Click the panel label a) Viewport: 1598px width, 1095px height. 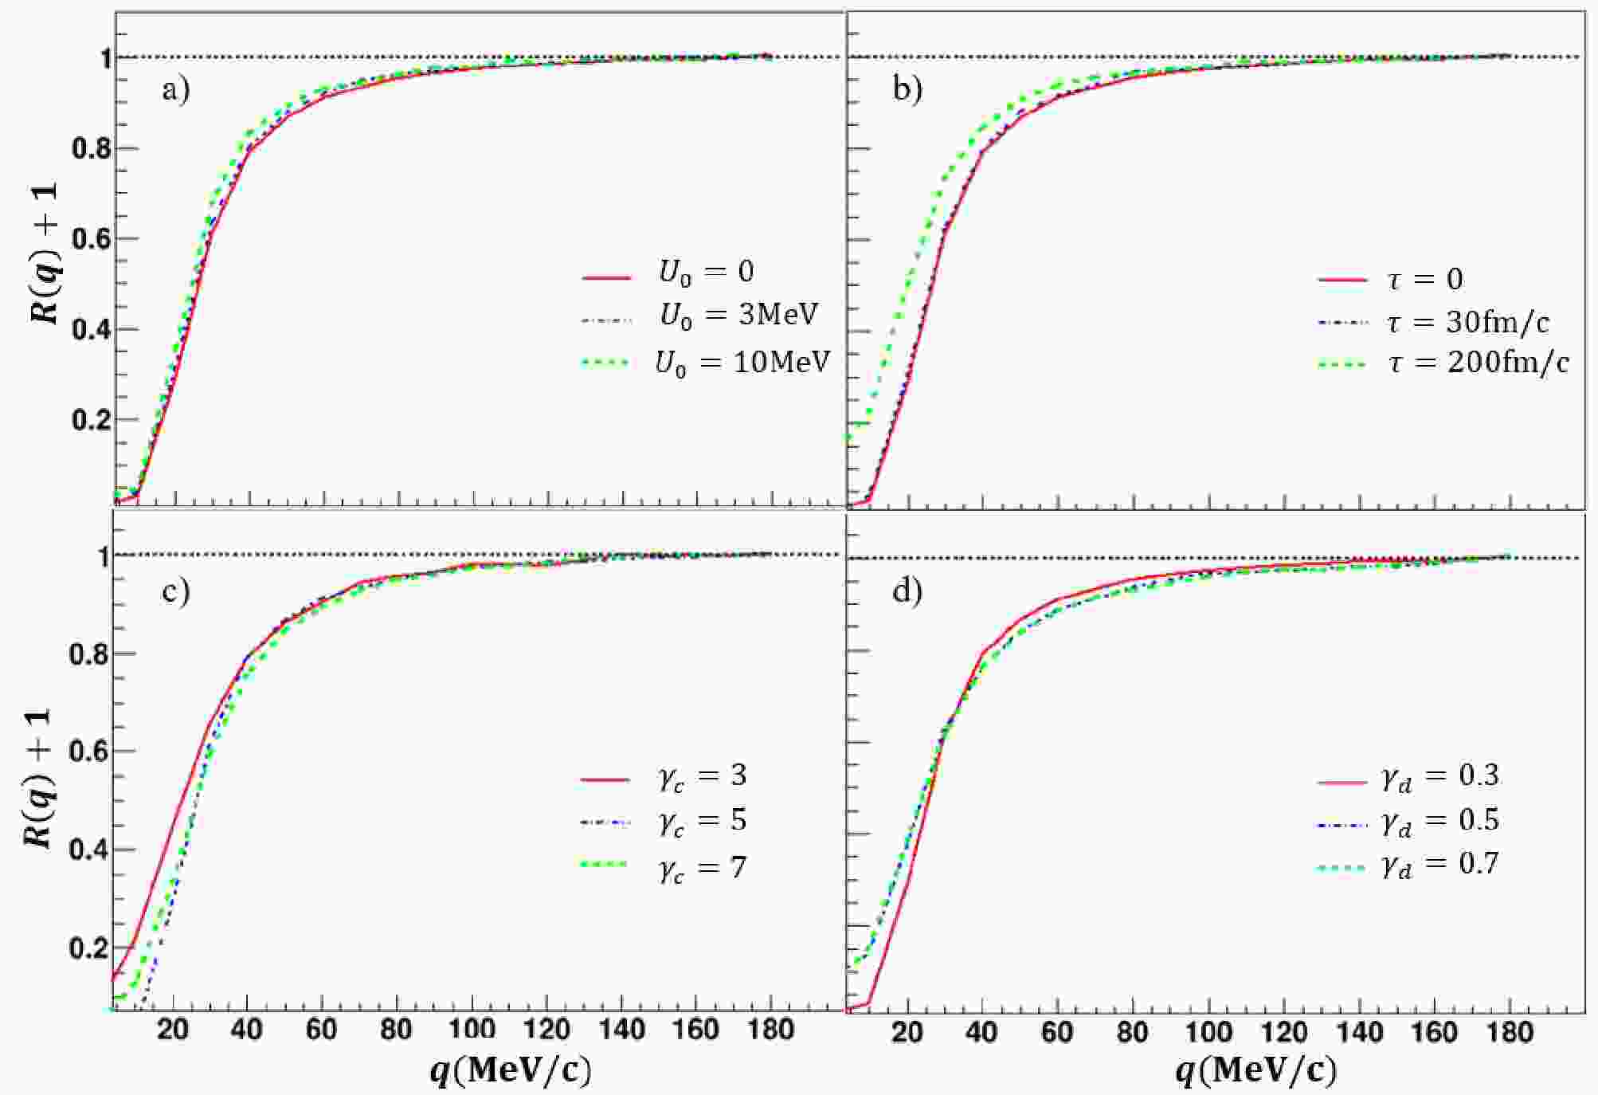[176, 90]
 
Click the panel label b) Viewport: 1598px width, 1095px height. [907, 88]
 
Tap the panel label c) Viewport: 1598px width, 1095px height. [176, 591]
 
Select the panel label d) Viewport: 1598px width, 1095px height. [907, 591]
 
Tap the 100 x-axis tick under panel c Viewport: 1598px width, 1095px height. [472, 1030]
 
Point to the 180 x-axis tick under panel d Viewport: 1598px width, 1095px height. [1509, 1033]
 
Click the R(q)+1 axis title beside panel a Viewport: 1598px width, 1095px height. [45, 254]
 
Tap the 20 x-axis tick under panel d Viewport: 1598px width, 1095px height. [907, 1033]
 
